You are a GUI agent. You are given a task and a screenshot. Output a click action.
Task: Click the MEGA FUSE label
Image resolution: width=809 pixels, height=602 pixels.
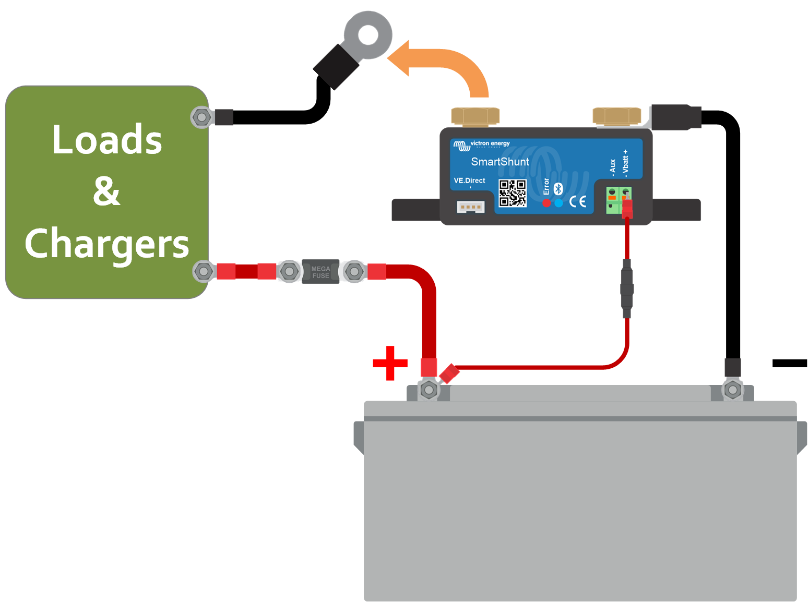click(x=320, y=272)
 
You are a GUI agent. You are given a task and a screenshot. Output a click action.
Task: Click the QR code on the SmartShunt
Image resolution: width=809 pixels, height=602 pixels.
click(x=512, y=193)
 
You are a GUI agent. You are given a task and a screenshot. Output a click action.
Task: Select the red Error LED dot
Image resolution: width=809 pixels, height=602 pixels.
click(x=546, y=203)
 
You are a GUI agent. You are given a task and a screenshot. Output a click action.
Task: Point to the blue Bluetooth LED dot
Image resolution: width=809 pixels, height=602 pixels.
click(x=558, y=203)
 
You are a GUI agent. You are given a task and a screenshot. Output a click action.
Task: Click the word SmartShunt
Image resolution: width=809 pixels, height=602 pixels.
click(x=499, y=162)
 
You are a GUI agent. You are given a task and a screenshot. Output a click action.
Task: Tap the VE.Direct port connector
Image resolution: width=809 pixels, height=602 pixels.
click(x=470, y=207)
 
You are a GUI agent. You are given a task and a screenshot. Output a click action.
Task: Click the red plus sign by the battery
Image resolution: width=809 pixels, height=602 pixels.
click(x=390, y=363)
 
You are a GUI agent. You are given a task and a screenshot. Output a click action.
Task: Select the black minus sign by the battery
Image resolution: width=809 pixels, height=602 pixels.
click(x=789, y=363)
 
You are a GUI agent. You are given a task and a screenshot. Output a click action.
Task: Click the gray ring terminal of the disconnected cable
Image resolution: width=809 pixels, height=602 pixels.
click(x=368, y=35)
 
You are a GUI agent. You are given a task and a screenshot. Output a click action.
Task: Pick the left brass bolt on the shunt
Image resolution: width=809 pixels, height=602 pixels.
click(x=475, y=116)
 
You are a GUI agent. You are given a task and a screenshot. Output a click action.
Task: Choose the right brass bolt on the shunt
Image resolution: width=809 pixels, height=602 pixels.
click(x=616, y=116)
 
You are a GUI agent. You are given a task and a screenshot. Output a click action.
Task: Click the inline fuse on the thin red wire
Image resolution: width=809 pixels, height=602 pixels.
click(x=627, y=288)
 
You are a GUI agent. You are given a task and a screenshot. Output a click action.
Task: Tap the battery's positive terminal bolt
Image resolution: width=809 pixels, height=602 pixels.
click(x=429, y=390)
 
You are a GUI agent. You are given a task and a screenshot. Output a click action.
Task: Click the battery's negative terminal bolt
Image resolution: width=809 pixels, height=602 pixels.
click(x=733, y=390)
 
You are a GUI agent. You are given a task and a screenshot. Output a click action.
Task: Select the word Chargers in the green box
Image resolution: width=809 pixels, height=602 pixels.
click(x=107, y=244)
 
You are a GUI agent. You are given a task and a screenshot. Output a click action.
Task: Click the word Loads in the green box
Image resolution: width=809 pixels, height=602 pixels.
click(x=107, y=140)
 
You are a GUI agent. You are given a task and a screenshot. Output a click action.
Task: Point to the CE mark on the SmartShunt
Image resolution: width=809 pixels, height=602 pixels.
click(x=578, y=201)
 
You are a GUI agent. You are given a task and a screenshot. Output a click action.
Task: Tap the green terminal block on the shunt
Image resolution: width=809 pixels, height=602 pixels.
click(x=618, y=200)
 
